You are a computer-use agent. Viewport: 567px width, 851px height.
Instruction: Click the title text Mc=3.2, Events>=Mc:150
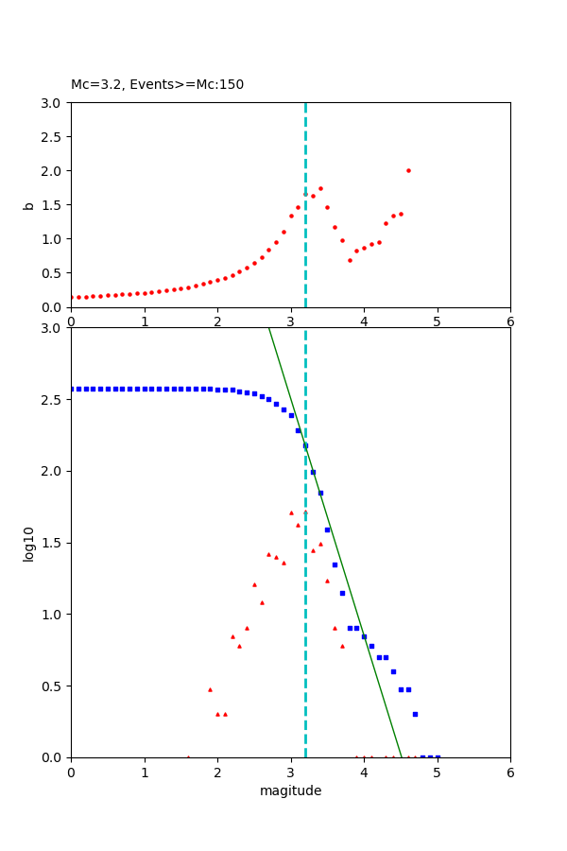tap(157, 84)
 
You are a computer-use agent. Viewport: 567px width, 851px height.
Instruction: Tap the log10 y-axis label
tap(28, 543)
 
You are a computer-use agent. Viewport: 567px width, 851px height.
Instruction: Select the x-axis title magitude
tap(290, 790)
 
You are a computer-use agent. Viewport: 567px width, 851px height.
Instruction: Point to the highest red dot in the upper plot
tap(408, 170)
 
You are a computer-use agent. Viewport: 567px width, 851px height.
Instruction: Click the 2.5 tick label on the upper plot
tap(53, 137)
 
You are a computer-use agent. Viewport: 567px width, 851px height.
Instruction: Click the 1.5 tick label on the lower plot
tap(53, 543)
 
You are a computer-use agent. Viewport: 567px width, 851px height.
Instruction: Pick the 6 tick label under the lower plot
tap(510, 772)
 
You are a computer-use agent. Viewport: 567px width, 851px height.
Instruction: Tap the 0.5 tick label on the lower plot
tap(53, 686)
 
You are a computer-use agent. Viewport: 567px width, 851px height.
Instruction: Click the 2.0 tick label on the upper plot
tap(53, 171)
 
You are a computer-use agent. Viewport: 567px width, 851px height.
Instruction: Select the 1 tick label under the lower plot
tap(145, 772)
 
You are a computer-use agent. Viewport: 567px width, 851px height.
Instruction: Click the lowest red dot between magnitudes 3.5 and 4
tap(350, 260)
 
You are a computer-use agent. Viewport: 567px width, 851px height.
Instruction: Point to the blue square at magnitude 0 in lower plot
tap(72, 389)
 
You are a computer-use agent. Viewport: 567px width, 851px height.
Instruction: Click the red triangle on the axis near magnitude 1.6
tap(188, 756)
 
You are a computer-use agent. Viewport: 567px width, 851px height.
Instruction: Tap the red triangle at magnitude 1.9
tap(210, 689)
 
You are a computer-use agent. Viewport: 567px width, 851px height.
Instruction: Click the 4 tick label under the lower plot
tap(364, 772)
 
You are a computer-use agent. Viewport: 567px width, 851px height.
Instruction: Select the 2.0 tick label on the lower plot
tap(53, 471)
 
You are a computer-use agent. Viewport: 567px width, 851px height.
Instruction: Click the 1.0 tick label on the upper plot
tap(53, 239)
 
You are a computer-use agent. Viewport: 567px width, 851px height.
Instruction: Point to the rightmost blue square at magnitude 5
tap(438, 756)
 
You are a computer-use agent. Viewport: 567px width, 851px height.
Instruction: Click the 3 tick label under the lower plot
tap(291, 772)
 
